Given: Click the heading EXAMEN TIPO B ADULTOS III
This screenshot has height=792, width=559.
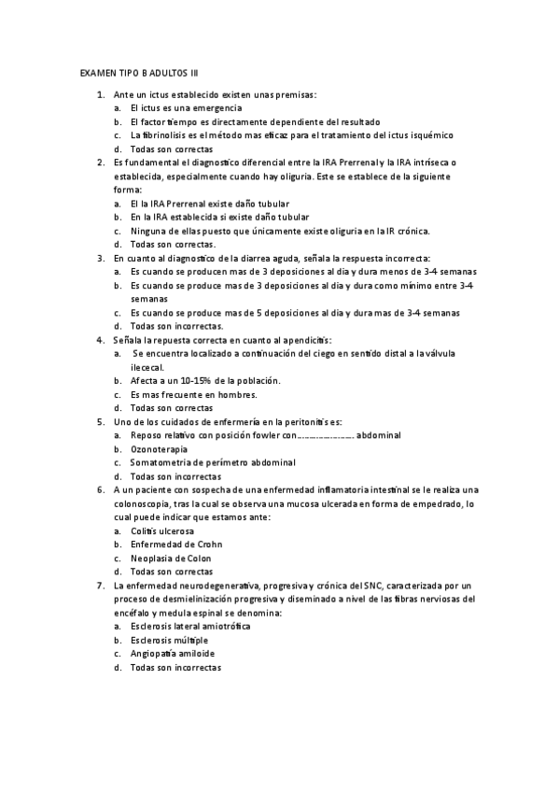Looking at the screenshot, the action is [139, 72].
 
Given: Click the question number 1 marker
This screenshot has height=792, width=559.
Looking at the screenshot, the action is [100, 95].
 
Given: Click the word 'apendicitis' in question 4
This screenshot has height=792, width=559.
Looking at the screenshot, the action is [305, 340].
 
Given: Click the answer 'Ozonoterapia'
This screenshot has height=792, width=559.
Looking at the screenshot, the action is [159, 448].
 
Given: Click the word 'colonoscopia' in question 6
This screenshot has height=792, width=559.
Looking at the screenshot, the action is [142, 503].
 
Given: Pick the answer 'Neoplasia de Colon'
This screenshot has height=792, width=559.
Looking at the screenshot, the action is [171, 558].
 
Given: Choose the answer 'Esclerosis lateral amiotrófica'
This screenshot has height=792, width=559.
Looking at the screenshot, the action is [190, 626].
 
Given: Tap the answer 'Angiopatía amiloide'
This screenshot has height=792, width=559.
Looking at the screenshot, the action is [171, 654].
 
